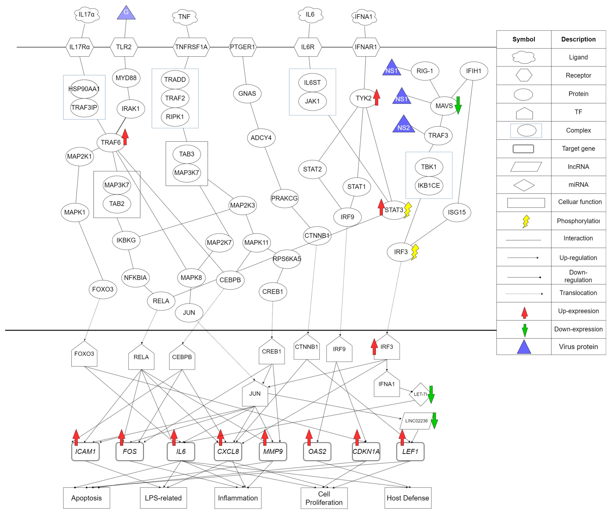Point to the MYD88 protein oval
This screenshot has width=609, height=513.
point(126,78)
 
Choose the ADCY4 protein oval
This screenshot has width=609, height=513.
point(261,138)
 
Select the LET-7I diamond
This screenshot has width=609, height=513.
point(420,394)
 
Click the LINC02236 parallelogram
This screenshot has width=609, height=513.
point(416,421)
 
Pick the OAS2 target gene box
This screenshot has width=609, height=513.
point(317,452)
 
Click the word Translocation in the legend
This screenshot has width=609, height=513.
point(578,293)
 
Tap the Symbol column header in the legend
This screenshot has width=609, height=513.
point(523,39)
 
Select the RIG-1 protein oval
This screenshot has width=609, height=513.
point(425,71)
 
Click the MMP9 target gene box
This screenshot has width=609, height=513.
point(273,452)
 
